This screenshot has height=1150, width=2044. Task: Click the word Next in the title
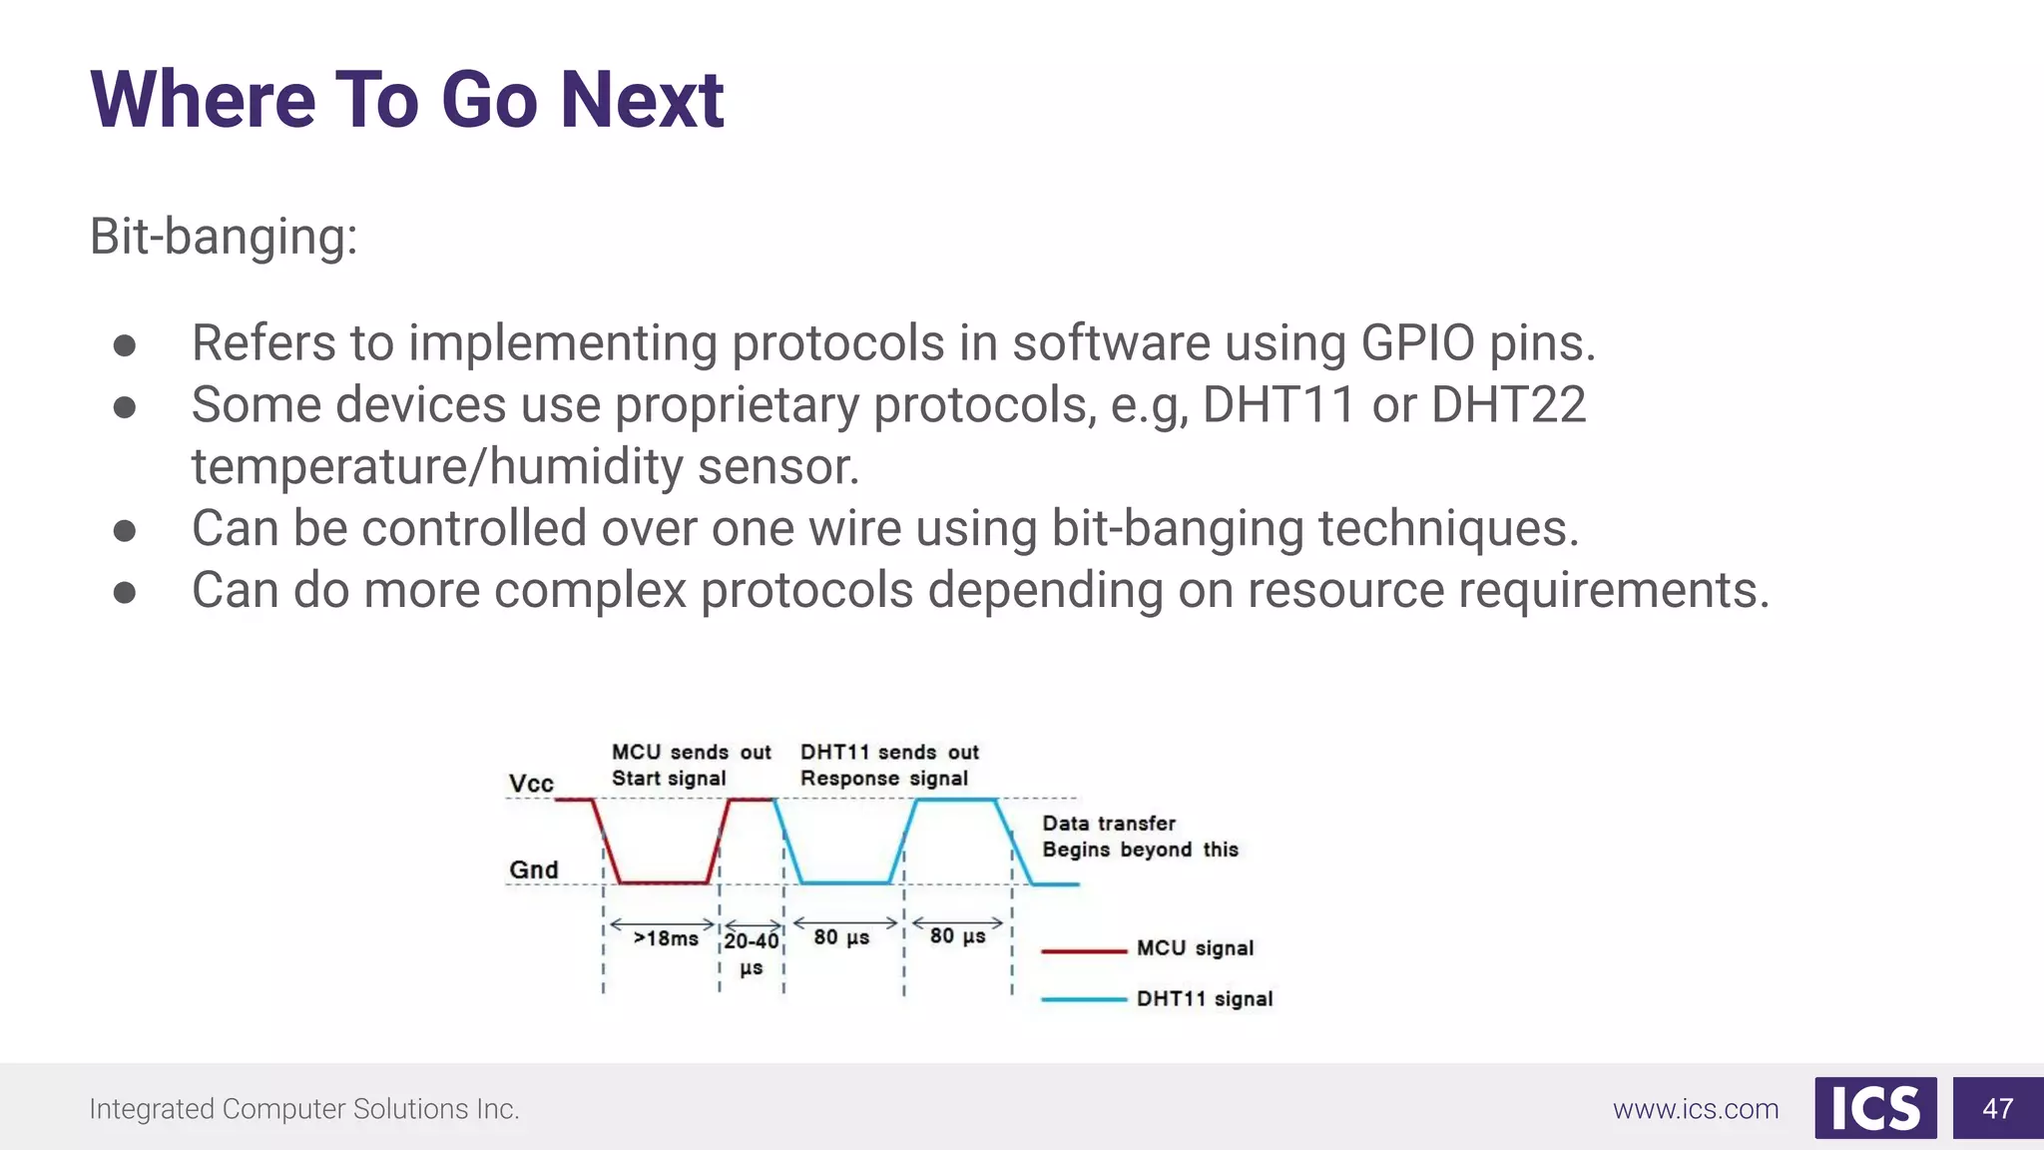coord(641,100)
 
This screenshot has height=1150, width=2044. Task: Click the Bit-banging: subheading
coord(224,237)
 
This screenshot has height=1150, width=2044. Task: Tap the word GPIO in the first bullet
coord(1417,343)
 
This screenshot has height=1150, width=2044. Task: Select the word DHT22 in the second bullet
coord(1508,405)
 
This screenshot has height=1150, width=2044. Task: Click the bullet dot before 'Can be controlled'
coord(125,530)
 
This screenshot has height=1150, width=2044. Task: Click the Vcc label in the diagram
coord(531,784)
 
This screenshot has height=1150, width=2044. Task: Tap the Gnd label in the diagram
coord(534,869)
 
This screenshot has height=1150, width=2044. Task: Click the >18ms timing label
coord(666,938)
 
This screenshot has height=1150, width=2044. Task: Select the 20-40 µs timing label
coord(752,952)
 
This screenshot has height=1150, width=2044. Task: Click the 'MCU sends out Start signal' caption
coord(691,765)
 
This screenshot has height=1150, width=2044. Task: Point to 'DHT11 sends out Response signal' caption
coord(888,765)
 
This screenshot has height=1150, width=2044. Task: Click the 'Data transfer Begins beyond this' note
coord(1140,837)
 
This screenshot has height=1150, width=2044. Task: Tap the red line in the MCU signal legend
coord(1084,950)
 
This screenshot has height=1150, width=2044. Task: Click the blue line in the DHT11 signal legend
coord(1084,999)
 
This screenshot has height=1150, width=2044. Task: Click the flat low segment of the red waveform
coord(664,882)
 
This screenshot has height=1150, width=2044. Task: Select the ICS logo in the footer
coord(1875,1108)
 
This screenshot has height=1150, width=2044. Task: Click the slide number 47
coord(1997,1108)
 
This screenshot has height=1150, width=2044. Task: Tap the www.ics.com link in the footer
coord(1696,1109)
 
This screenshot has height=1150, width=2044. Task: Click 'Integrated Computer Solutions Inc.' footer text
coord(304,1109)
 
